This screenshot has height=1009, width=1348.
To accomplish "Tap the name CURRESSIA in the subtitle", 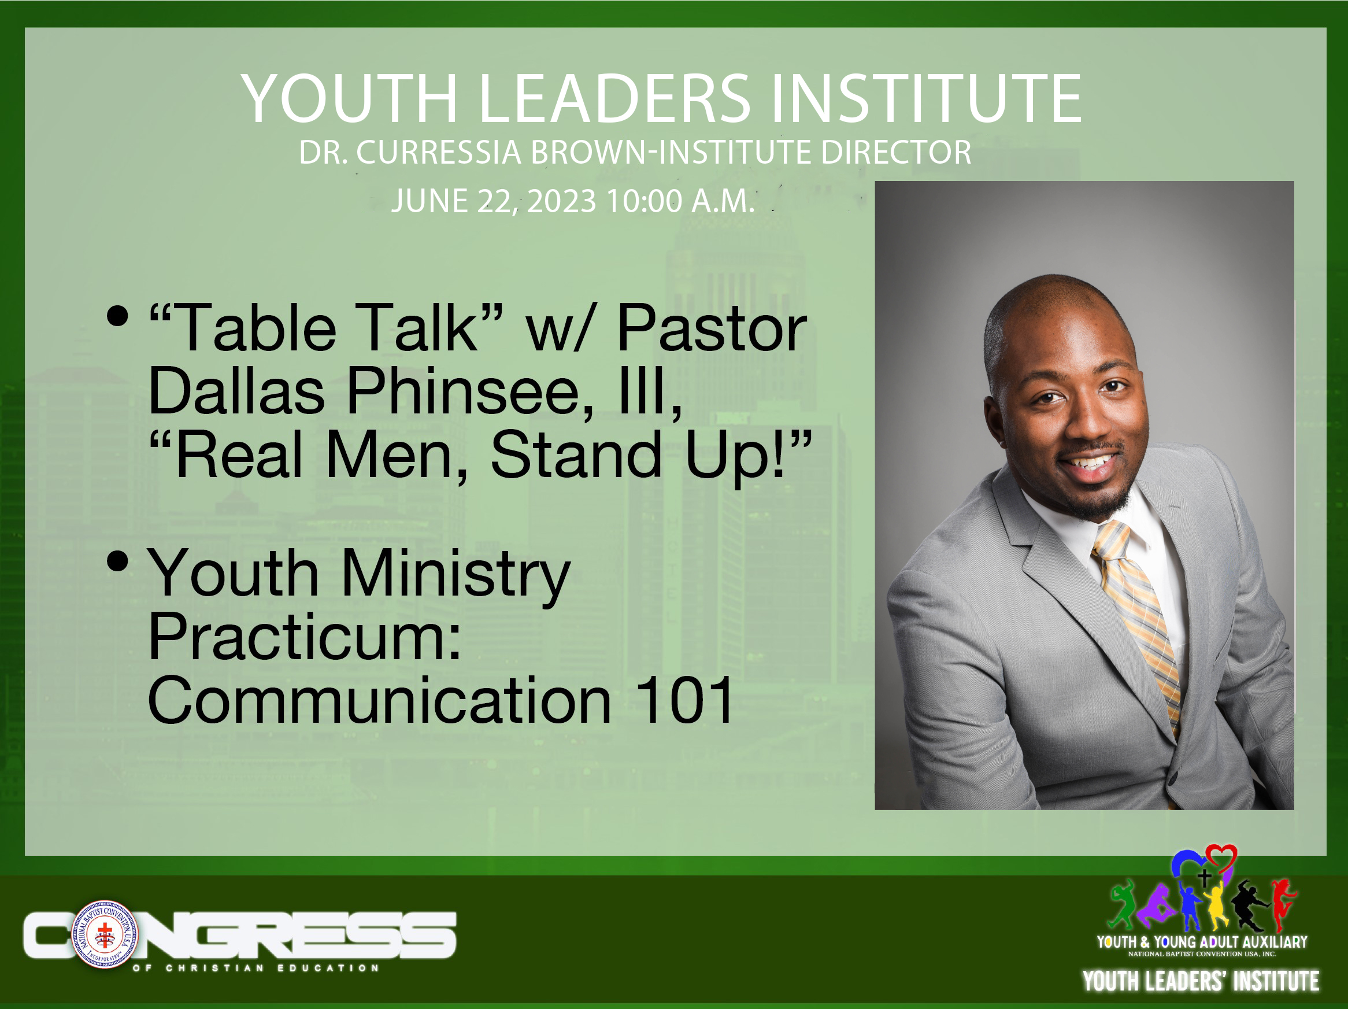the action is (439, 152).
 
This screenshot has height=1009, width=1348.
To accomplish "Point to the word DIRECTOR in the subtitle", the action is (896, 152).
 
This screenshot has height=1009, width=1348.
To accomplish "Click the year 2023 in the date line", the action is (561, 201).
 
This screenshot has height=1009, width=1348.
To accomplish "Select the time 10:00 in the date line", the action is (645, 201).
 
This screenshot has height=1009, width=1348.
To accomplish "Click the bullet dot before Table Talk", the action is (117, 315).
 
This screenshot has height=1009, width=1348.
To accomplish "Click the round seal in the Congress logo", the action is (105, 934).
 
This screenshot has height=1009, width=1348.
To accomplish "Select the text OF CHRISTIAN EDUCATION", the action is (256, 967).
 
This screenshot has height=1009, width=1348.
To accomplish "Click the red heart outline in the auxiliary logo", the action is (1221, 859).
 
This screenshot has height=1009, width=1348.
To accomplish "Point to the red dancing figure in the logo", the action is (1284, 904).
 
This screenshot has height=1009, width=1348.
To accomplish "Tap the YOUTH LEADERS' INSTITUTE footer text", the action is (1201, 981).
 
